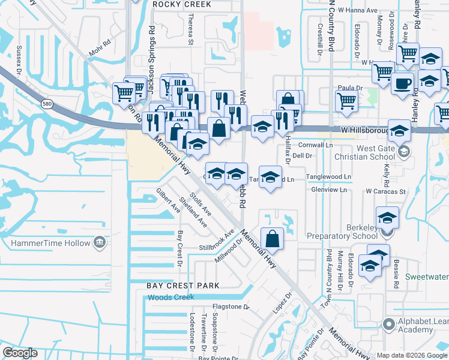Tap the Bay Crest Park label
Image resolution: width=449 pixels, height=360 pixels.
point(183,285)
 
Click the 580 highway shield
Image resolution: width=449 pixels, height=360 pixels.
point(47,104)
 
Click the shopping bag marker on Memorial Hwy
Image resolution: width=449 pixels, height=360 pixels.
point(273,238)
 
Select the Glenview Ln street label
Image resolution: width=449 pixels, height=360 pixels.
point(329,190)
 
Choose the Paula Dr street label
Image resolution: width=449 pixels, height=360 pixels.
point(351,88)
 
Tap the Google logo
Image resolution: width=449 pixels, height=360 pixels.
point(20,353)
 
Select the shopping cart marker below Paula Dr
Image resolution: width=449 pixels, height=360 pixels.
point(346,101)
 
